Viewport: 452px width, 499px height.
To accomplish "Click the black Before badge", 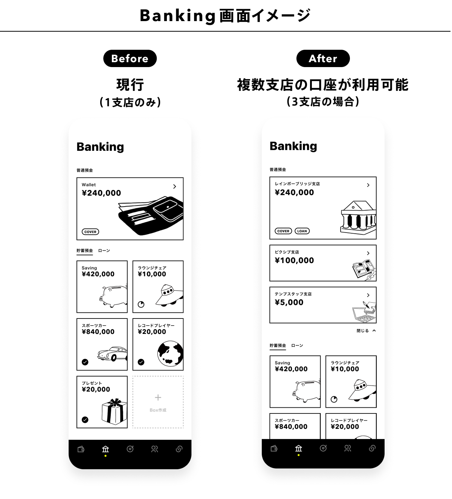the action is click(x=130, y=58).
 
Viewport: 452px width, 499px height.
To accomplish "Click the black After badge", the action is click(x=323, y=58).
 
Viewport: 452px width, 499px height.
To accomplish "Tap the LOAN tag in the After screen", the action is click(x=302, y=231).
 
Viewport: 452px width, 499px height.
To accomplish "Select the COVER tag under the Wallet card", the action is click(x=90, y=232).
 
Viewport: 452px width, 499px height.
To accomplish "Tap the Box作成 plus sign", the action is click(x=158, y=398).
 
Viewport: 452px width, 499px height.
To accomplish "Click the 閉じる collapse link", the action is click(x=366, y=331).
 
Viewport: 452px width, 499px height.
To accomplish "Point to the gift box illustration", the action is click(x=115, y=412).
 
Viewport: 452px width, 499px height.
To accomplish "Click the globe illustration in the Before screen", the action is click(x=170, y=354).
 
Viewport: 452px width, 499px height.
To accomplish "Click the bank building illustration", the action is click(x=358, y=217).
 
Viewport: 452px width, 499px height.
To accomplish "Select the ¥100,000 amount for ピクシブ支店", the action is click(x=295, y=260).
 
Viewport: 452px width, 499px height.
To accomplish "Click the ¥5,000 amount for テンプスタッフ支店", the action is click(x=289, y=303).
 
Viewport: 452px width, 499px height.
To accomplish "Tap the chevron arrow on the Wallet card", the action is click(x=174, y=187).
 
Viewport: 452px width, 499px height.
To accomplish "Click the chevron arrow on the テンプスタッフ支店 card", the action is click(x=368, y=295).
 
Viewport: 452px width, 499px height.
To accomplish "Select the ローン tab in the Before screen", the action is click(x=104, y=251).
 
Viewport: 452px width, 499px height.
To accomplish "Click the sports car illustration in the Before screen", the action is click(x=112, y=354).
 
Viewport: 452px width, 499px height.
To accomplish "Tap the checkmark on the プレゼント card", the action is click(x=85, y=420).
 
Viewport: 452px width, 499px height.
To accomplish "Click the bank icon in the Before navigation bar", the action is click(x=105, y=449).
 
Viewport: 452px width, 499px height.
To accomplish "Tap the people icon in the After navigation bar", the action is click(x=348, y=448).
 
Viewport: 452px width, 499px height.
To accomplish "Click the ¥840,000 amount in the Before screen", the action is click(x=98, y=332).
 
